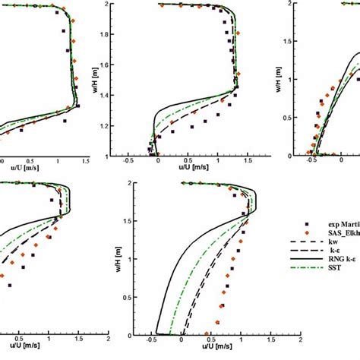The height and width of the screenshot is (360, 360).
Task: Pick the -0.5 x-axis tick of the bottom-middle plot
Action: coord(156,343)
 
